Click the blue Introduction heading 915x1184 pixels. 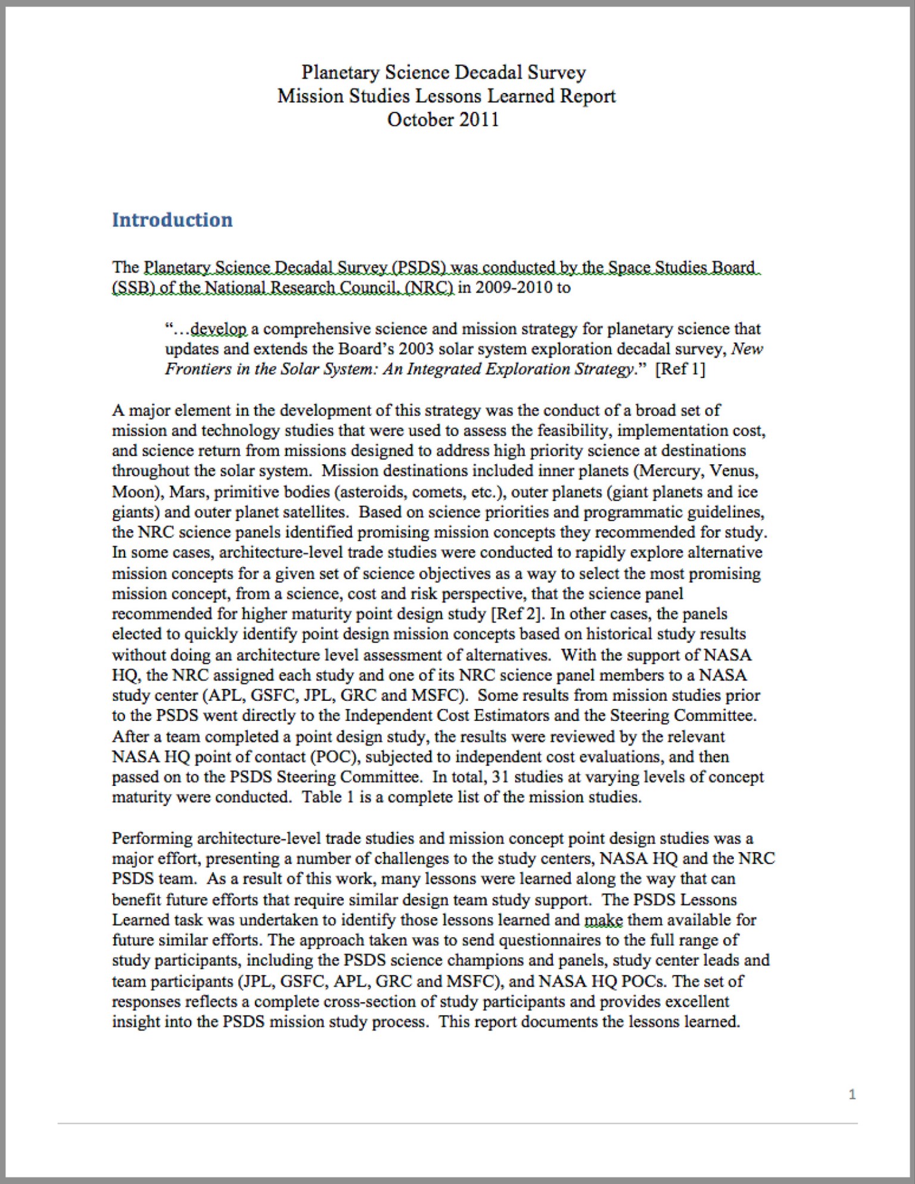click(x=172, y=220)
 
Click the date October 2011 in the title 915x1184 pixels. click(x=443, y=119)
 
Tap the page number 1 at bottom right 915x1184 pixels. click(x=852, y=1094)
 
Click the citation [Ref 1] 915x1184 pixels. click(x=680, y=369)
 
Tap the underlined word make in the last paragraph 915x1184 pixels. click(x=603, y=920)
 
